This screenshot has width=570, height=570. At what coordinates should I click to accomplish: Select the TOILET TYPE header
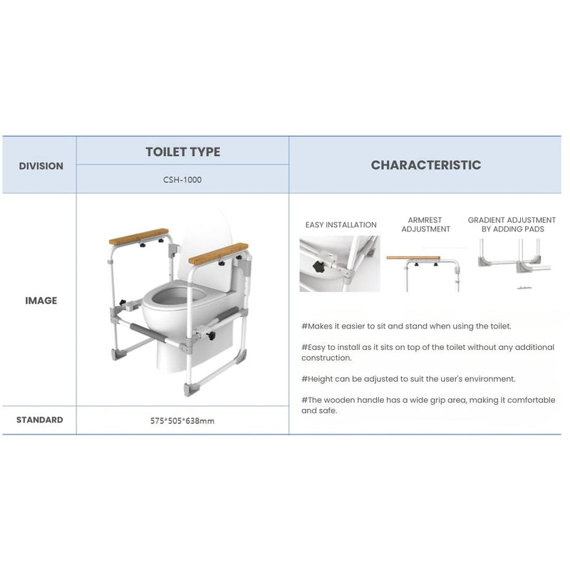[182, 152]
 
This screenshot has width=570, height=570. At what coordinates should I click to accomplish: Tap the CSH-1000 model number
[182, 180]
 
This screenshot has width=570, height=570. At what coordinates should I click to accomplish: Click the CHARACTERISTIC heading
[425, 165]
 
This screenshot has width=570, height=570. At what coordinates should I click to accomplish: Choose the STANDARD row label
[39, 420]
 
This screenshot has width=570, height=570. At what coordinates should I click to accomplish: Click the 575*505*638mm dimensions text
[182, 420]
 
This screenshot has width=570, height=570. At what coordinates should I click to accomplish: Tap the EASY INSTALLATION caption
[341, 225]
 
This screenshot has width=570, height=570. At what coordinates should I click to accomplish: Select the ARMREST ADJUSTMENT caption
[425, 225]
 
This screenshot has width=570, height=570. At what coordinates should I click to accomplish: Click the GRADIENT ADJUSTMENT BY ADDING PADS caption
[512, 225]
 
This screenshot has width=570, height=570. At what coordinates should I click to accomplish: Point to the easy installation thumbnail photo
[340, 264]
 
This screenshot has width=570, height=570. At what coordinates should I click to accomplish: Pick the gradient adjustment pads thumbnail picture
[512, 264]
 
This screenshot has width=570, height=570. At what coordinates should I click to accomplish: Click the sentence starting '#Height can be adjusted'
[408, 379]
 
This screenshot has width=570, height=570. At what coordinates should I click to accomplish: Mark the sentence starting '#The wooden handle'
[427, 405]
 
